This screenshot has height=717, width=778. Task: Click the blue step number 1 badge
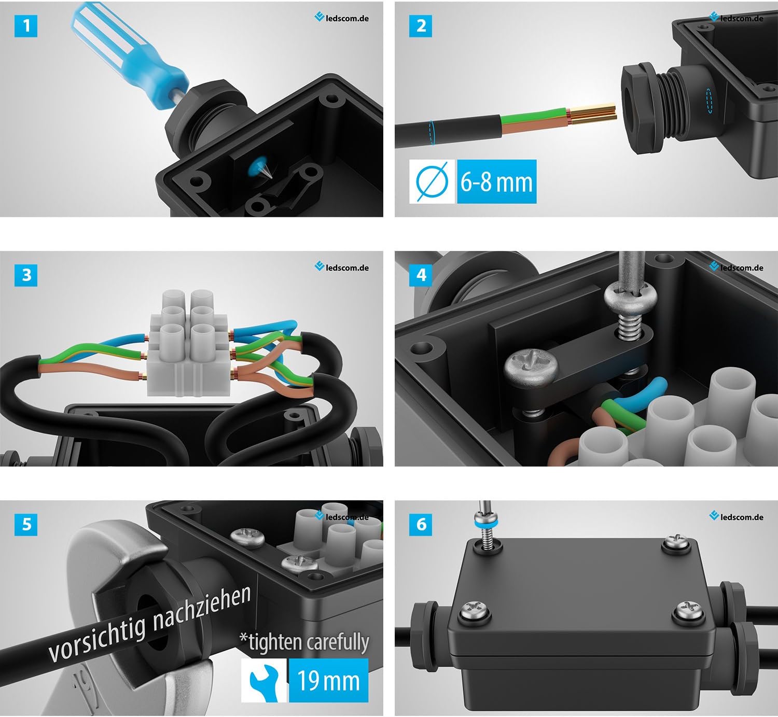tap(26, 26)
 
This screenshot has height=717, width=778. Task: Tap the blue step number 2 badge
tap(420, 26)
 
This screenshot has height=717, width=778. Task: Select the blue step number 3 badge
tap(26, 275)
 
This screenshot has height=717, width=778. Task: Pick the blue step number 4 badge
tap(420, 275)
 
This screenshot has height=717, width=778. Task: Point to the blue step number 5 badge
tap(26, 525)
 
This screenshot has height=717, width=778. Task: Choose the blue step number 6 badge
tap(420, 525)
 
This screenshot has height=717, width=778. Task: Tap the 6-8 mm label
tap(497, 181)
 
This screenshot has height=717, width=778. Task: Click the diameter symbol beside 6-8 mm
tap(432, 181)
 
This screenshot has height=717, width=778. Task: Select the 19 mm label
tap(328, 681)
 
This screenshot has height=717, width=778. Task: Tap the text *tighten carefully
tap(304, 642)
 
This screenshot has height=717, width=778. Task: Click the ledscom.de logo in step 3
tap(342, 268)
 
